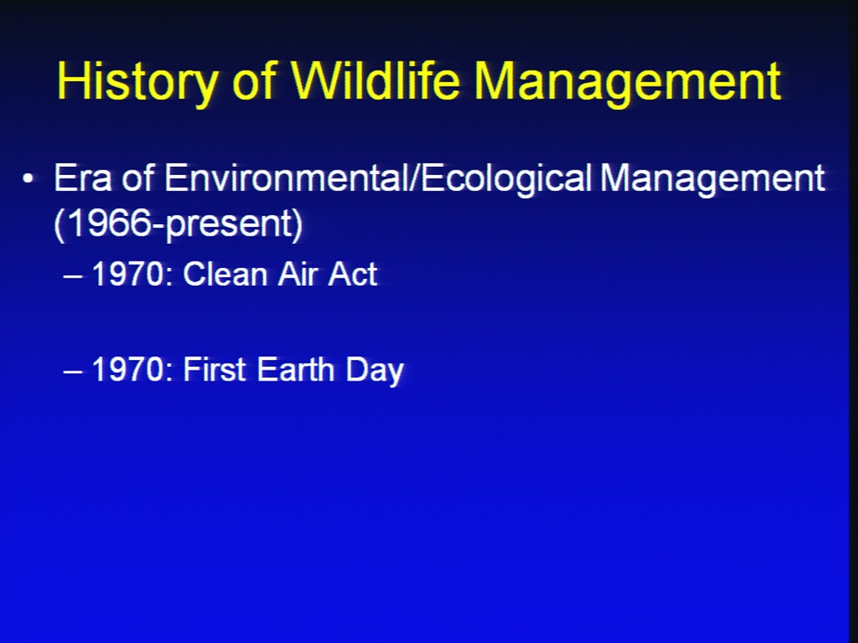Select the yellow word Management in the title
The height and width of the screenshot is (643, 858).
[x=627, y=83]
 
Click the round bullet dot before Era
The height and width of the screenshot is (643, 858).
[x=28, y=179]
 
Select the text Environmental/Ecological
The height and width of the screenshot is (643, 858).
[x=378, y=179]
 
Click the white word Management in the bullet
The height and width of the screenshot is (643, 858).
[x=712, y=179]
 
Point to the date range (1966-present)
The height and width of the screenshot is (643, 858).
[x=179, y=223]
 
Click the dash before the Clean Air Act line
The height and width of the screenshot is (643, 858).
[x=72, y=277]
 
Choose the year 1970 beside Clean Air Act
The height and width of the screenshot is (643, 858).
[x=128, y=273]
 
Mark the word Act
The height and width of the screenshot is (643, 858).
[x=353, y=273]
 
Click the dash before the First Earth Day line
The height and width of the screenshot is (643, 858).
[x=72, y=372]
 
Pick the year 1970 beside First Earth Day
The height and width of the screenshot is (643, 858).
[x=128, y=369]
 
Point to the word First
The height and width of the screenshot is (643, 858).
[x=214, y=369]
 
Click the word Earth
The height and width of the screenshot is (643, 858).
[x=296, y=369]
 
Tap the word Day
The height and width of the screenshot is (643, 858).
[x=374, y=372]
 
